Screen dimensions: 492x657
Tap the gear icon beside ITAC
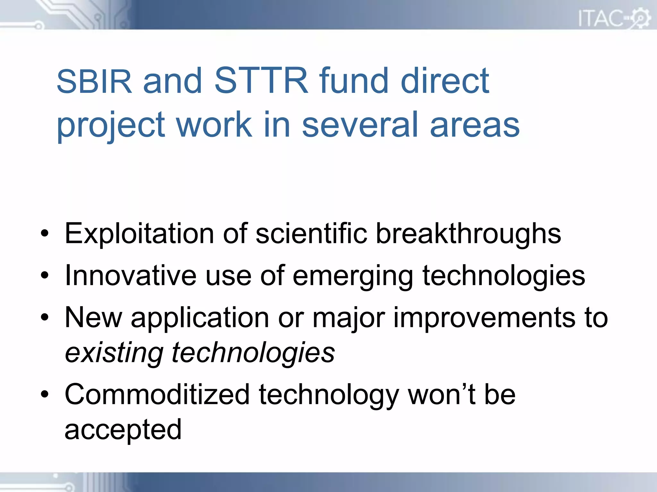point(640,18)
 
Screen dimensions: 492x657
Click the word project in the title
point(111,126)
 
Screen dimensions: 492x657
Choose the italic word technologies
point(253,353)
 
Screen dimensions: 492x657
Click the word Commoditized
point(157,395)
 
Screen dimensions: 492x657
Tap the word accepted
point(123,430)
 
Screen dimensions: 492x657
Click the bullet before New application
point(45,317)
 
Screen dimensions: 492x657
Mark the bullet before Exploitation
point(45,234)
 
